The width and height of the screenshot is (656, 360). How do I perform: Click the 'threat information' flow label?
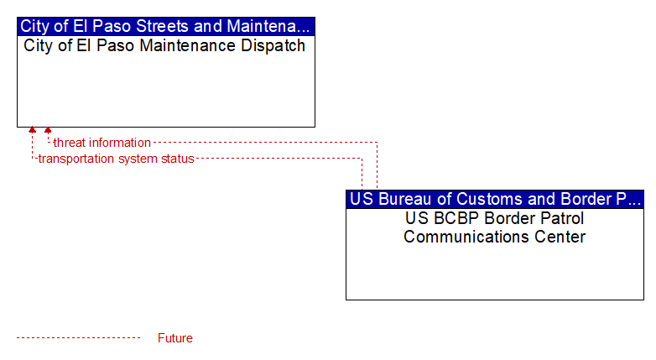[x=102, y=143]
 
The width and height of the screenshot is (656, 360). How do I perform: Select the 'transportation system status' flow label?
[x=117, y=159]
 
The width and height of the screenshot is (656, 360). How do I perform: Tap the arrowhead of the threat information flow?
[x=48, y=131]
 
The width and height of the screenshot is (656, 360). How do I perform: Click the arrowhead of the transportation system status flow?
[x=32, y=130]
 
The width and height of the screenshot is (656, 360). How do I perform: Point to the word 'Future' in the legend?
[x=175, y=338]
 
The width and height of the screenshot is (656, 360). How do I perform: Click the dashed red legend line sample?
[x=78, y=338]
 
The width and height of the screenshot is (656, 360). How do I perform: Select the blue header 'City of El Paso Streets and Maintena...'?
[x=166, y=26]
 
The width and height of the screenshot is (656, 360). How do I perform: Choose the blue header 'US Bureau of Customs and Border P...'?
[x=495, y=199]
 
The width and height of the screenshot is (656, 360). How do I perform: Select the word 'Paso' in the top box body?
[x=115, y=45]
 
